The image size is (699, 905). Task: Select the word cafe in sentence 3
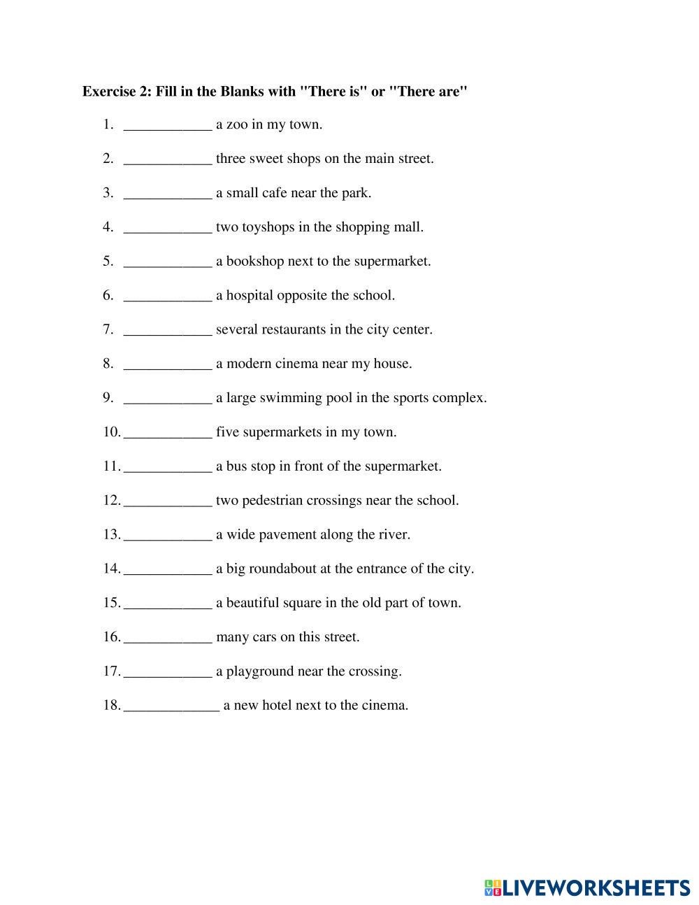click(x=274, y=193)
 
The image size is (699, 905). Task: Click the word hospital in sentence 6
click(x=249, y=296)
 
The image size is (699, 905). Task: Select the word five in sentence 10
click(x=227, y=432)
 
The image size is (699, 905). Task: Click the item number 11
click(x=112, y=466)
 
